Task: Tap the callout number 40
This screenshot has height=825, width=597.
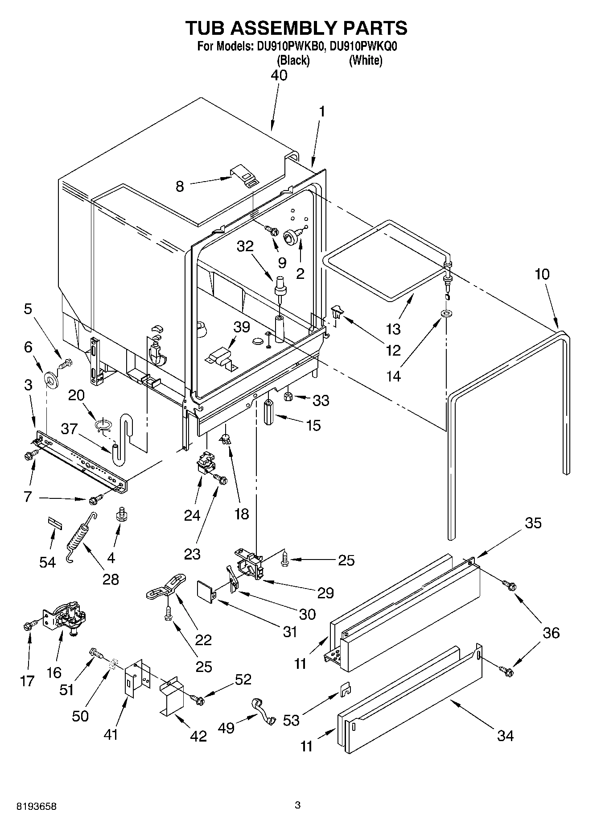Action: coord(279,75)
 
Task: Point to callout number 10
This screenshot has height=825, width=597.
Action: coord(542,274)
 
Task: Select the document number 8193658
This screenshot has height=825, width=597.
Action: coord(37,807)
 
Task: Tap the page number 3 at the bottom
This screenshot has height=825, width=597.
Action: coord(298,805)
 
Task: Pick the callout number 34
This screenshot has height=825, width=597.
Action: coord(505,736)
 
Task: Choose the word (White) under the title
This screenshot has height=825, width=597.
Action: coord(365,60)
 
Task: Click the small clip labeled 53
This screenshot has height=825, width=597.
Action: coord(345,690)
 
